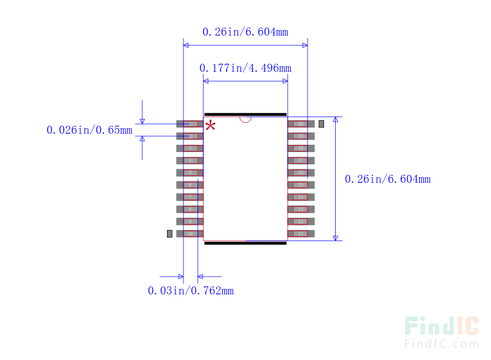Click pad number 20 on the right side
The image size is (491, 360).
click(301, 124)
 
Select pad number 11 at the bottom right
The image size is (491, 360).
click(301, 234)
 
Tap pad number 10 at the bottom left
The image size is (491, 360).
click(190, 234)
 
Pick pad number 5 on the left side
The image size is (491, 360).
click(190, 172)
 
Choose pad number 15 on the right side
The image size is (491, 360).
click(301, 185)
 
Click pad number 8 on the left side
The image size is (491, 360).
click(190, 209)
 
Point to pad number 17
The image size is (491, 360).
click(301, 160)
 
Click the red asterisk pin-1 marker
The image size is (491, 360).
click(210, 126)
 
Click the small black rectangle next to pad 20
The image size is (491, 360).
click(321, 124)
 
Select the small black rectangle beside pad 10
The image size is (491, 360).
click(170, 234)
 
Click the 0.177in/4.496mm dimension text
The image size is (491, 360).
click(245, 67)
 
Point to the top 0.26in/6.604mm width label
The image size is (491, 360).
click(245, 32)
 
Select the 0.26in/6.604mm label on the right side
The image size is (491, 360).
click(387, 179)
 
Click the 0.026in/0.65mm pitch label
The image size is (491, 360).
click(90, 130)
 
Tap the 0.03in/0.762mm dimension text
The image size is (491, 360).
click(190, 290)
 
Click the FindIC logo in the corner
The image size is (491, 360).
click(441, 332)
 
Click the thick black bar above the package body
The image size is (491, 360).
click(245, 114)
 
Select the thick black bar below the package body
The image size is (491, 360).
click(245, 243)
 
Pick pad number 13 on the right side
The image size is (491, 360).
click(301, 209)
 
